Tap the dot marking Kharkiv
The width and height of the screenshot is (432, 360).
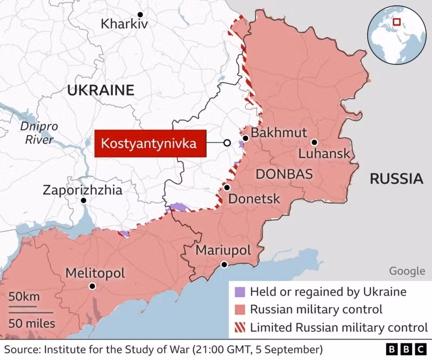[140, 14]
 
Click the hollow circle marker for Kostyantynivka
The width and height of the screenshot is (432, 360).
[227, 143]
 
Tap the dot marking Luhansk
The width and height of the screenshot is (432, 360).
[314, 142]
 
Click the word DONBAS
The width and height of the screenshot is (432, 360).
[284, 174]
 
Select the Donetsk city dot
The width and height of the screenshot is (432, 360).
[227, 188]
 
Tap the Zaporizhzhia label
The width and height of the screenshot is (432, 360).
[83, 190]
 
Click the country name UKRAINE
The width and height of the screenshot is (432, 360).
[100, 90]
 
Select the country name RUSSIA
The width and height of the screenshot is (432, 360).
[396, 179]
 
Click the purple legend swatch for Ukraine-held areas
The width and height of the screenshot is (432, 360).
[240, 292]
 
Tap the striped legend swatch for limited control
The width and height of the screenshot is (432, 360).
[240, 327]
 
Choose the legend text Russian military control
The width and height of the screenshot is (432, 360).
[317, 310]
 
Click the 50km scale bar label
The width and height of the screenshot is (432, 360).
[24, 297]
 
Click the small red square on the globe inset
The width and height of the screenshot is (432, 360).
[397, 22]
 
